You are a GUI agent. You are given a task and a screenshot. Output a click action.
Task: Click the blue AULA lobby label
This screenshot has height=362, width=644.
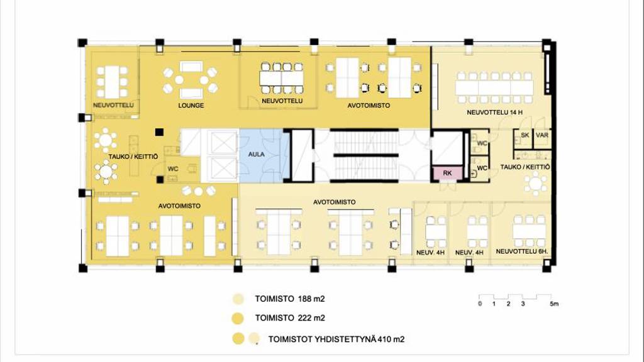pyautogui.click(x=257, y=155)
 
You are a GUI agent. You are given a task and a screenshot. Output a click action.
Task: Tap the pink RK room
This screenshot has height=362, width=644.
pyautogui.click(x=447, y=173)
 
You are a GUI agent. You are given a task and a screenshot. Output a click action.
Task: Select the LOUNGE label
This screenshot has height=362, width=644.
pyautogui.click(x=191, y=106)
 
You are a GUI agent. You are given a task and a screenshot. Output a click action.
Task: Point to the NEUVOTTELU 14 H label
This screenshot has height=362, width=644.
pyautogui.click(x=494, y=112)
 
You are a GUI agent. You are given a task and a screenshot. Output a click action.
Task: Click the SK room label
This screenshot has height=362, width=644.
pyautogui.click(x=525, y=135)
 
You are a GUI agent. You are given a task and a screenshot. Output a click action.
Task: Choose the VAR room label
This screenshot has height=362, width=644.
pyautogui.click(x=542, y=135)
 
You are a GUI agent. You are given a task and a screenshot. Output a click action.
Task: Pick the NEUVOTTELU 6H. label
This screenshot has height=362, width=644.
pyautogui.click(x=522, y=251)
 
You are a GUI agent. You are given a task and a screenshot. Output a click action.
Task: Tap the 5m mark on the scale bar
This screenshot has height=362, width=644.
pyautogui.click(x=554, y=304)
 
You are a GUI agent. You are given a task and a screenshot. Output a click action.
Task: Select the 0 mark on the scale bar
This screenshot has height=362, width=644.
pyautogui.click(x=480, y=304)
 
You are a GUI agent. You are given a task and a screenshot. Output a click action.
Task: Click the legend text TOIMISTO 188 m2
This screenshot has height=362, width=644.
pyautogui.click(x=289, y=299)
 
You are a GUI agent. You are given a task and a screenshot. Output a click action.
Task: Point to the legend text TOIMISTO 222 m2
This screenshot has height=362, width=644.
pyautogui.click(x=289, y=317)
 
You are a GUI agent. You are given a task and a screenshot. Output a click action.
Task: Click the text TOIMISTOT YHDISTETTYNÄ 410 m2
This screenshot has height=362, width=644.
pyautogui.click(x=336, y=339)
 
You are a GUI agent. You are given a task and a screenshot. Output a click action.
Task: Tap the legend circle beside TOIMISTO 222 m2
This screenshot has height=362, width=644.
pyautogui.click(x=238, y=318)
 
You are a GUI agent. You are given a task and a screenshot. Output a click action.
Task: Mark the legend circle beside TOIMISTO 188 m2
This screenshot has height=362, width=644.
pyautogui.click(x=238, y=299)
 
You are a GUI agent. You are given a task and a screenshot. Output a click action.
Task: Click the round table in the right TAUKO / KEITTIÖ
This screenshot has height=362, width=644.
pyautogui.click(x=536, y=184)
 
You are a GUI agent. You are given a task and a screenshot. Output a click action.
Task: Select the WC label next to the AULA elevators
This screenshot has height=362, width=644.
pyautogui.click(x=173, y=168)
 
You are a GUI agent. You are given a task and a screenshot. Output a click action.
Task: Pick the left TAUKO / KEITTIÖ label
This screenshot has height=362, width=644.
pyautogui.click(x=133, y=156)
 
